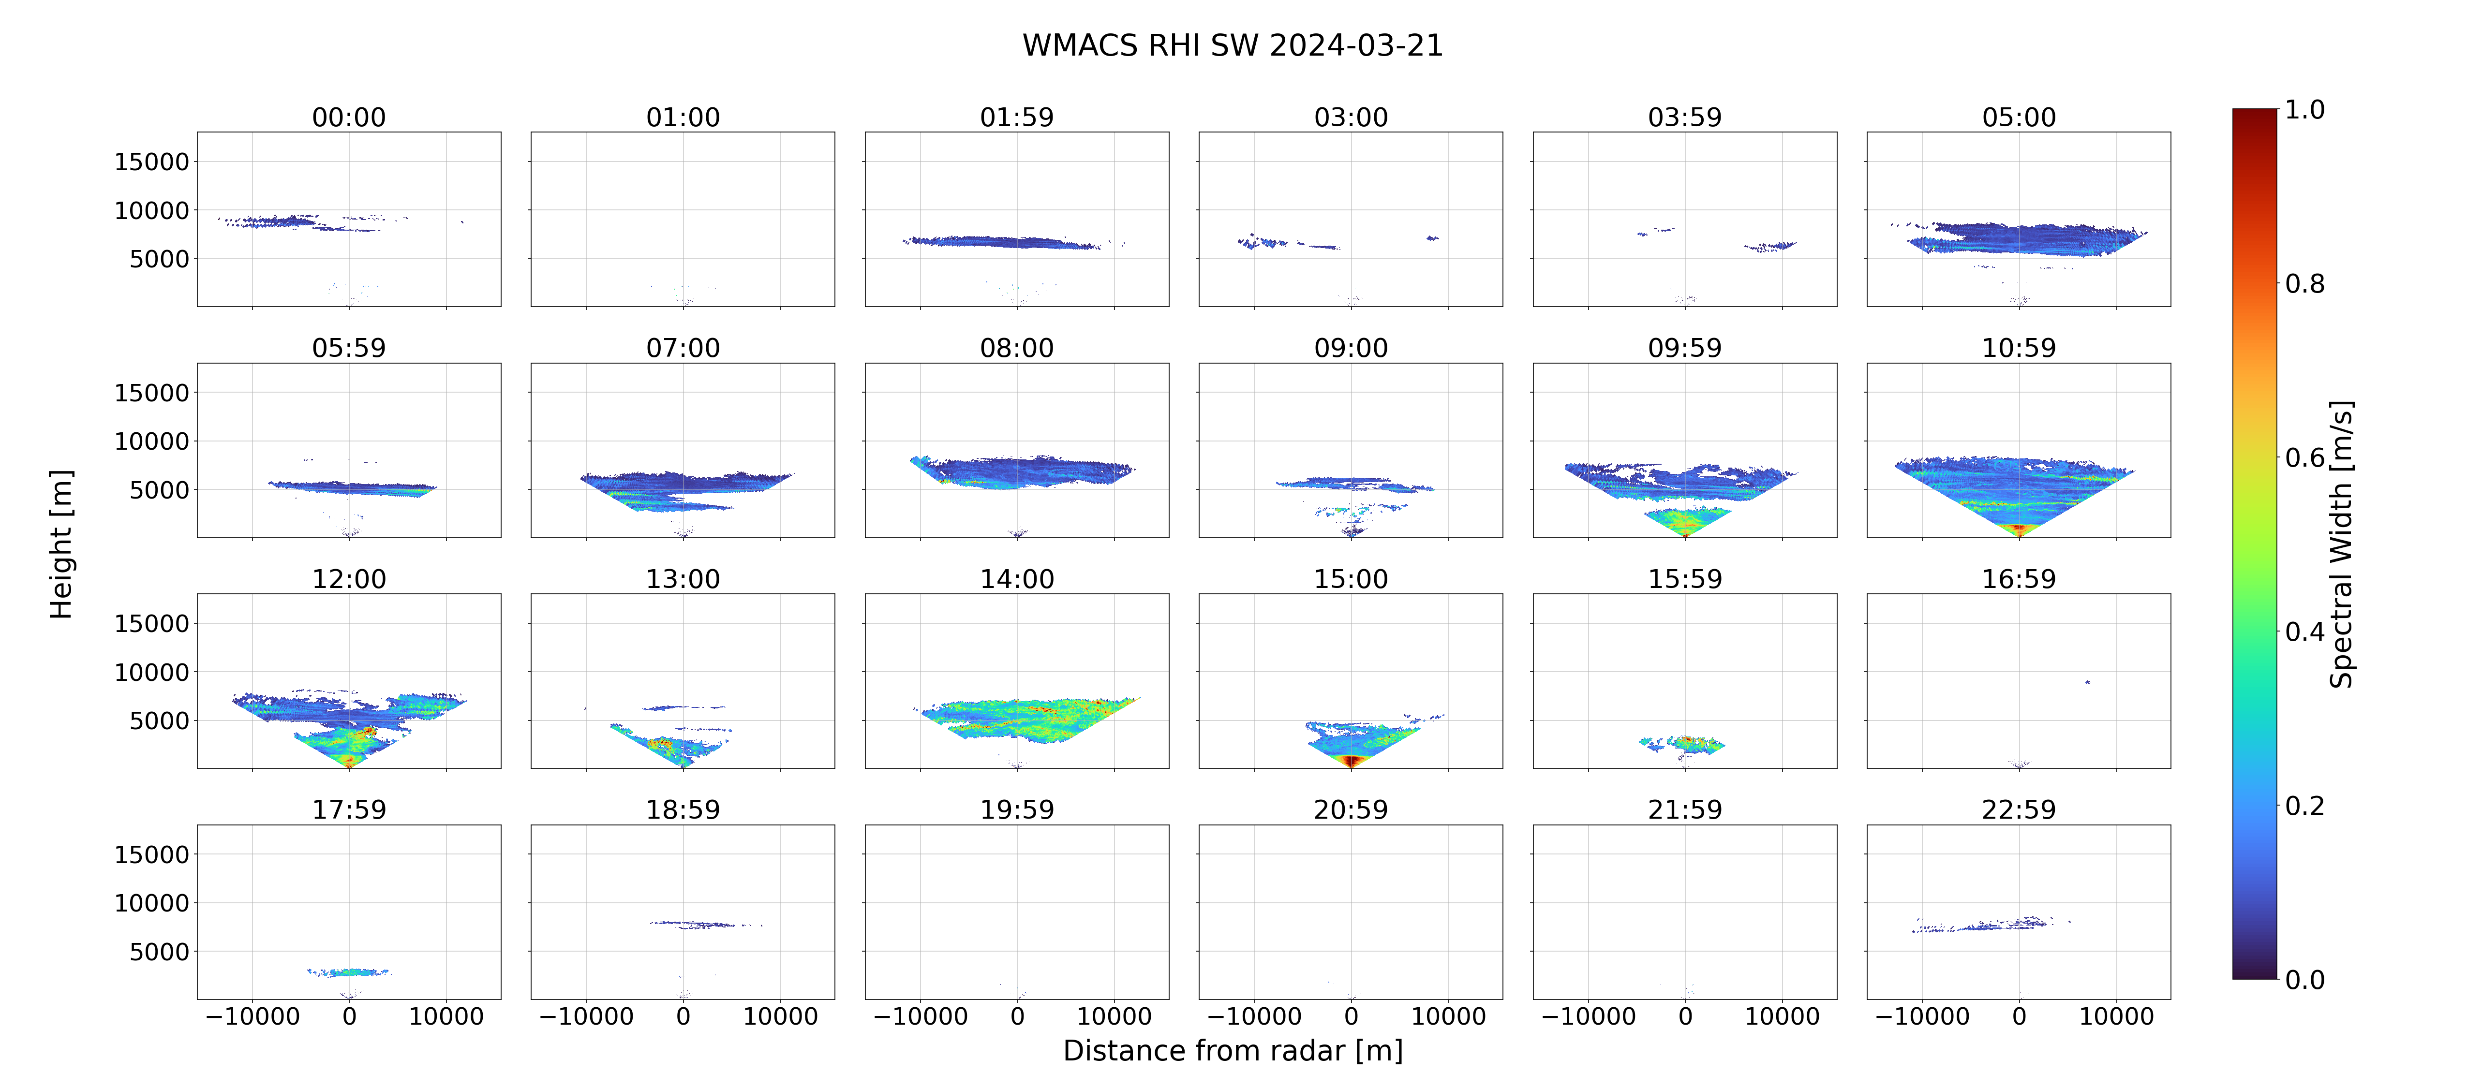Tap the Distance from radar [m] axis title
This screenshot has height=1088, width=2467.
click(1233, 1051)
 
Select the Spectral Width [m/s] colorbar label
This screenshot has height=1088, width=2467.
click(2341, 544)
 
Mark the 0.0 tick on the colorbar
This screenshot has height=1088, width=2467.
click(2304, 980)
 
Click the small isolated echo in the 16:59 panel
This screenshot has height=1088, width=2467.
click(2088, 682)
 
